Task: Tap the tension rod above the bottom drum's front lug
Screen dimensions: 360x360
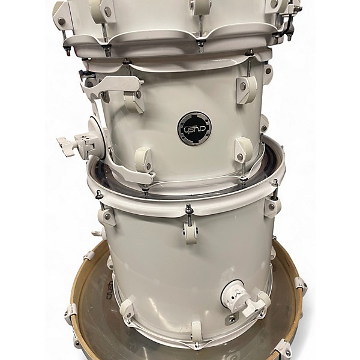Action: [x=188, y=209]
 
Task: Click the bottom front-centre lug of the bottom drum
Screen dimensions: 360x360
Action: [x=196, y=331]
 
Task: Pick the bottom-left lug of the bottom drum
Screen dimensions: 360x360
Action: [x=128, y=311]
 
